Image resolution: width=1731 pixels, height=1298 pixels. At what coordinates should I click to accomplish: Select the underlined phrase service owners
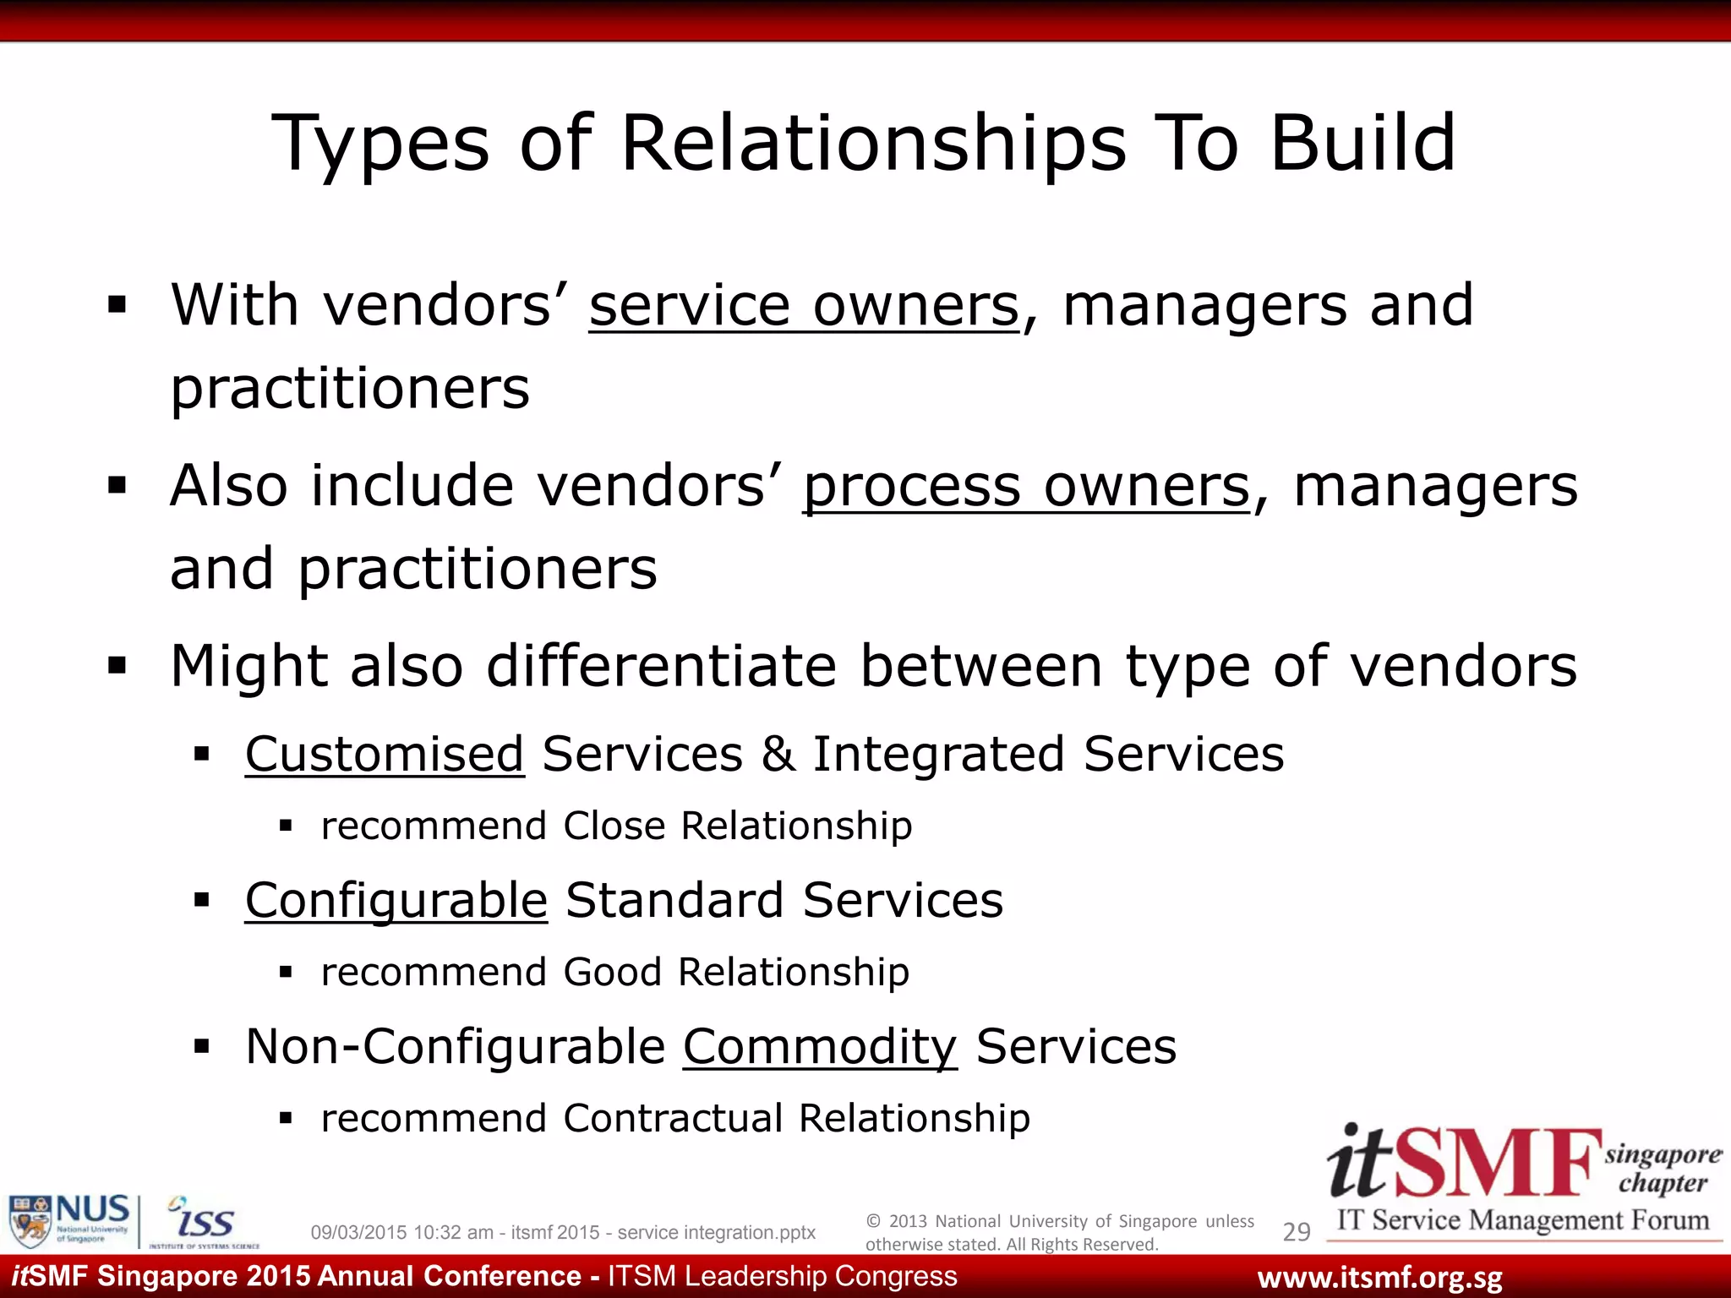(804, 306)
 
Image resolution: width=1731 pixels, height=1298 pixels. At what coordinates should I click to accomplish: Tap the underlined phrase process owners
(1026, 487)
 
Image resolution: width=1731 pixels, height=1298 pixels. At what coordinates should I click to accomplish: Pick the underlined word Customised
(385, 754)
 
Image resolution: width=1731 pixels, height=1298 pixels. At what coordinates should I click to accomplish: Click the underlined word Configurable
(396, 900)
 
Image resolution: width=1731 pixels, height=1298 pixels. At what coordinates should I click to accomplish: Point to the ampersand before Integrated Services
(778, 754)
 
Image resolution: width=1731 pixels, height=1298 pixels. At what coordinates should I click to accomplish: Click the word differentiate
(662, 667)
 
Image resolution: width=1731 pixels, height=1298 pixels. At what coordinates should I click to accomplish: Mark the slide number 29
(1297, 1232)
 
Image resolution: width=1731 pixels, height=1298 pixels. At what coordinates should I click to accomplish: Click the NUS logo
(69, 1220)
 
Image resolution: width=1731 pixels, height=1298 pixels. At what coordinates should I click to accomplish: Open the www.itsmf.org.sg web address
(1379, 1278)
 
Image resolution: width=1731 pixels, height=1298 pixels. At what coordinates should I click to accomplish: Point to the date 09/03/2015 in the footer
(358, 1233)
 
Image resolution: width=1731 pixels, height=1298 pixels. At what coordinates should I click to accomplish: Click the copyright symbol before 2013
(873, 1221)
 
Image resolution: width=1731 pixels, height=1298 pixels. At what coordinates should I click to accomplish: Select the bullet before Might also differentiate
(117, 667)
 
